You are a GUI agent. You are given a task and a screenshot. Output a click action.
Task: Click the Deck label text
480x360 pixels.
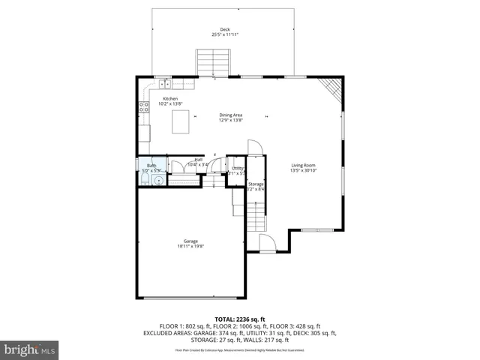[225, 29]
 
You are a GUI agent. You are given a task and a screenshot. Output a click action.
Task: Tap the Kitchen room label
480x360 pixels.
[169, 97]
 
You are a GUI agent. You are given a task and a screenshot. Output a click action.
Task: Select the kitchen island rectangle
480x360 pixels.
[181, 121]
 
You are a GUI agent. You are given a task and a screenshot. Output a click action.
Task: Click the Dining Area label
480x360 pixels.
[230, 115]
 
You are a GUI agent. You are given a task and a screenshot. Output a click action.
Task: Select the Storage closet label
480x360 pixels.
[256, 184]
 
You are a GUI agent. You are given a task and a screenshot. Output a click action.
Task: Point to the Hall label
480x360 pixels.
[199, 159]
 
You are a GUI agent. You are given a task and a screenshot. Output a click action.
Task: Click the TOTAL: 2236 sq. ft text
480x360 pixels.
[240, 319]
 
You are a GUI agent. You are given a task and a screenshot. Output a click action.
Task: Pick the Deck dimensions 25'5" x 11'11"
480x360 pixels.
[225, 34]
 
